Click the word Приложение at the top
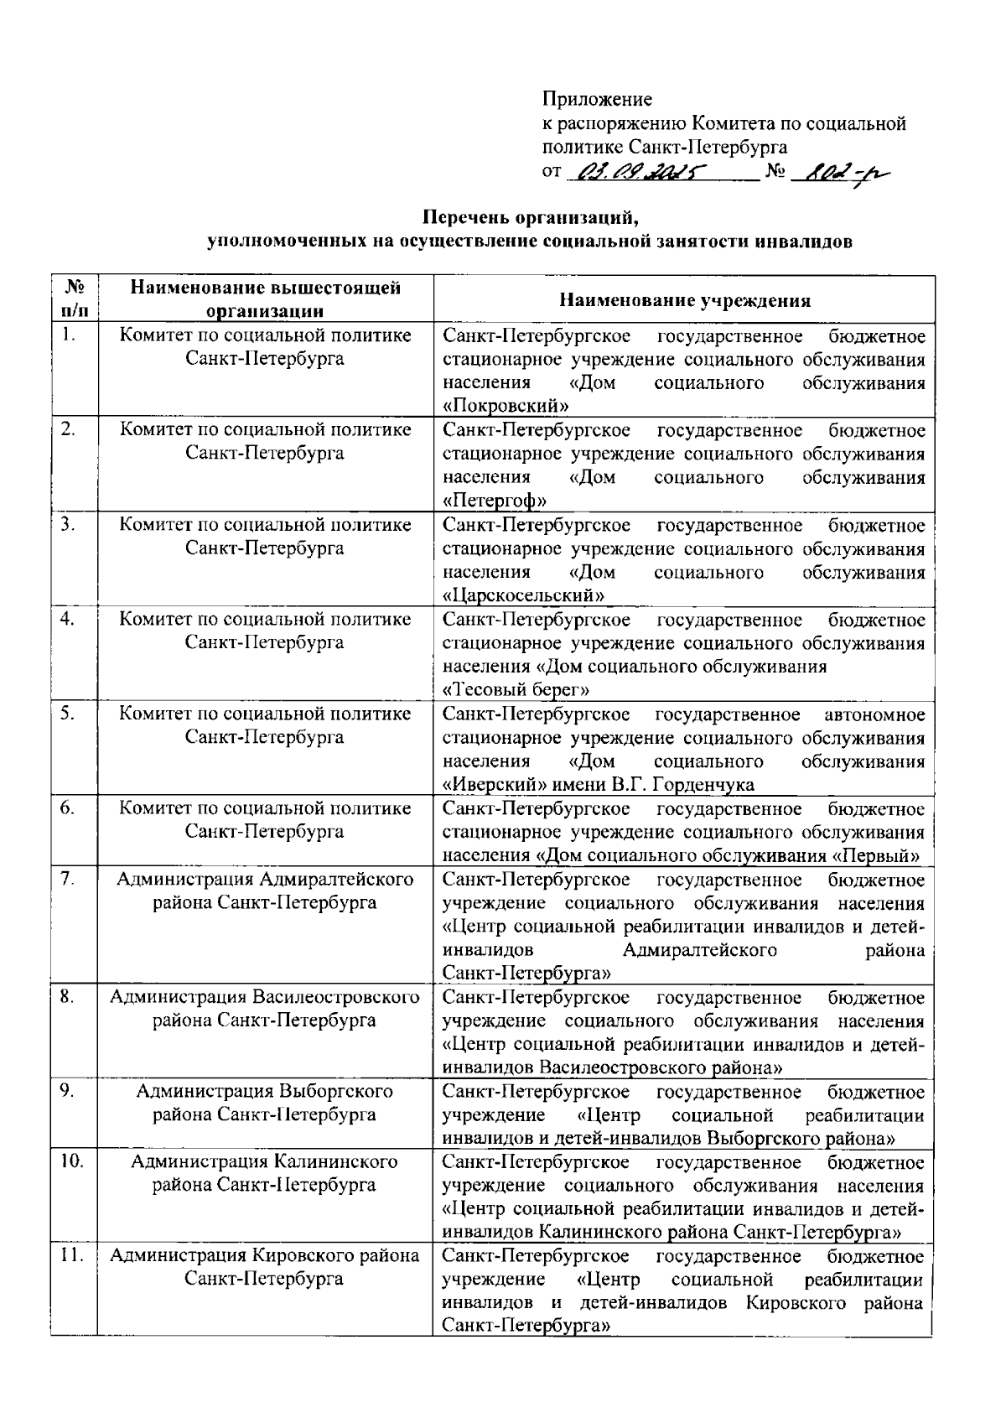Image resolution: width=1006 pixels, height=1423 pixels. coord(597,100)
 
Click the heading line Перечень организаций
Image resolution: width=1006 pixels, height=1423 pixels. coord(532,219)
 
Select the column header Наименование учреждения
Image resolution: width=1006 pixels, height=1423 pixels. coord(684,300)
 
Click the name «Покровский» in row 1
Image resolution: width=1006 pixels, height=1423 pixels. coord(506,407)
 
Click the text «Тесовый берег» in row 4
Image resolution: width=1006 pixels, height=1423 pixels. coord(516,690)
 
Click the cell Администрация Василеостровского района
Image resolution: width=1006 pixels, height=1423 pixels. coord(265,1009)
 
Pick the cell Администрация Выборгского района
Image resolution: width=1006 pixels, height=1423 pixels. coord(265,1104)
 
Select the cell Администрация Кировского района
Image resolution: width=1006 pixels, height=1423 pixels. coord(265,1267)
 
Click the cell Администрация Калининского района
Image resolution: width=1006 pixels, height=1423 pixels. coord(265,1174)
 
